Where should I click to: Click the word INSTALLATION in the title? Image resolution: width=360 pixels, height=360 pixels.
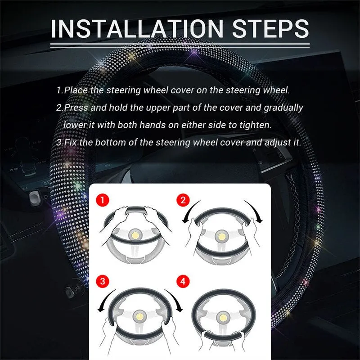pyautogui.click(x=137, y=28)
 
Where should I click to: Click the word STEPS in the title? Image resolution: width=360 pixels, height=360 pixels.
pyautogui.click(x=270, y=28)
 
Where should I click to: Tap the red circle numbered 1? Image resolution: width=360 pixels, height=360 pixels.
pyautogui.click(x=103, y=200)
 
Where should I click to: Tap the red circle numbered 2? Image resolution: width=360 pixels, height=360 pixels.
pyautogui.click(x=183, y=200)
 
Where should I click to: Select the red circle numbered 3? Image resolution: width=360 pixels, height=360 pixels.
pyautogui.click(x=103, y=281)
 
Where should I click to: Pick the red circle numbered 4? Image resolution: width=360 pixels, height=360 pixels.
pyautogui.click(x=183, y=281)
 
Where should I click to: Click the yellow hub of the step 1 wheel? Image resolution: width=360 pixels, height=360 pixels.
pyautogui.click(x=135, y=235)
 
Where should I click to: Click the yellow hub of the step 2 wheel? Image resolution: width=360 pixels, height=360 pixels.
pyautogui.click(x=221, y=237)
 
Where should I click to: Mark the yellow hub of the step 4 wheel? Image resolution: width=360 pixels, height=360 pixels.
pyautogui.click(x=223, y=318)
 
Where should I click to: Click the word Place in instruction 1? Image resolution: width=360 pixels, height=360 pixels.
pyautogui.click(x=76, y=90)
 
